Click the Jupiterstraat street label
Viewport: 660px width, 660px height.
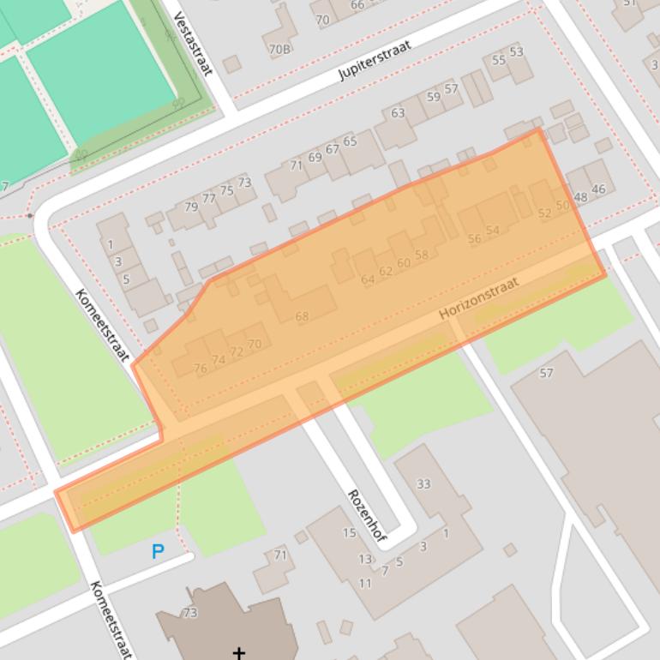click(x=375, y=59)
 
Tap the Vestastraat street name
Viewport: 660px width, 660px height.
click(x=193, y=43)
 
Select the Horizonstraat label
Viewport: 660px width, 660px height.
click(x=479, y=299)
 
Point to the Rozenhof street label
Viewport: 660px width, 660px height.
click(x=365, y=515)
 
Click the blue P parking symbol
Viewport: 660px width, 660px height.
click(x=158, y=551)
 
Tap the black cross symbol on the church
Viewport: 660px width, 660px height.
click(x=238, y=652)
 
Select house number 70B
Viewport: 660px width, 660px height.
click(x=279, y=50)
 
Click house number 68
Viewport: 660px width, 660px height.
click(x=302, y=316)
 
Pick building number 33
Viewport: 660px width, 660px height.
click(x=423, y=484)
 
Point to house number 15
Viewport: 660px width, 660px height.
click(x=349, y=533)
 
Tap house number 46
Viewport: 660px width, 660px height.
click(x=598, y=189)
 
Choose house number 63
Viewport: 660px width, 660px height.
click(x=398, y=113)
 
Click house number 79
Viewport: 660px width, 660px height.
click(x=191, y=207)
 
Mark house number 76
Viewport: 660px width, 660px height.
click(x=201, y=369)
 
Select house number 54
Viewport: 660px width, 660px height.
click(x=492, y=231)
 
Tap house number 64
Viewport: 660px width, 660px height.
click(x=368, y=279)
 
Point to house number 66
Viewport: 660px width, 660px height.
click(x=357, y=5)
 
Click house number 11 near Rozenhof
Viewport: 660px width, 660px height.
click(x=365, y=584)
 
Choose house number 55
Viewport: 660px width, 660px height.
click(x=499, y=60)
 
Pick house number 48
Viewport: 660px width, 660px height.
click(x=581, y=197)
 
